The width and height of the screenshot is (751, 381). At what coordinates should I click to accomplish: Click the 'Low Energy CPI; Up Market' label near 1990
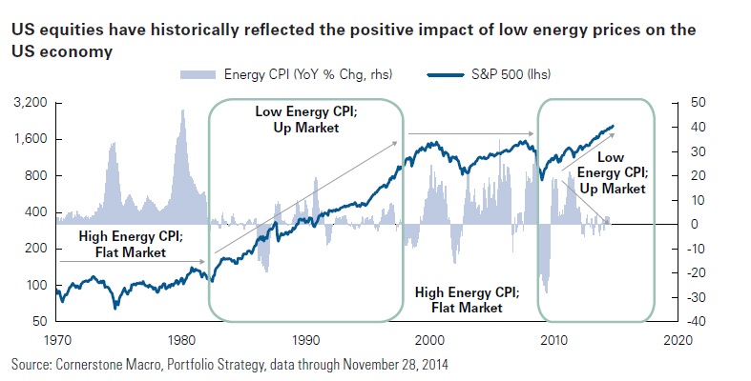pyautogui.click(x=300, y=119)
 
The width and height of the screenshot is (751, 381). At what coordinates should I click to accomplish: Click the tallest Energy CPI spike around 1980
pyautogui.click(x=181, y=111)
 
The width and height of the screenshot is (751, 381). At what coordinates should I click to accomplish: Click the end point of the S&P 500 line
pyautogui.click(x=614, y=125)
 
